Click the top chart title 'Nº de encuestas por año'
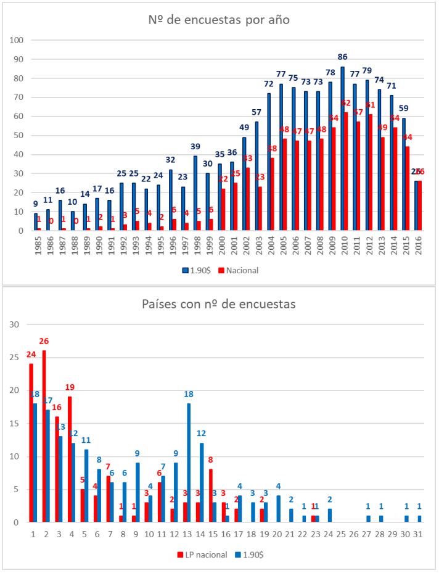[x=219, y=19]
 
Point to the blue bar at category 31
[x=421, y=519]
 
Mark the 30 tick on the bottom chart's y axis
[x=15, y=325]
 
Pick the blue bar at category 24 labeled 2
[x=329, y=516]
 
